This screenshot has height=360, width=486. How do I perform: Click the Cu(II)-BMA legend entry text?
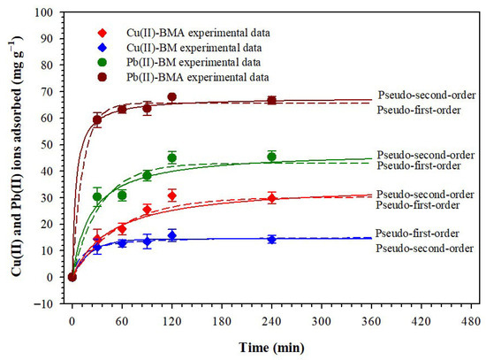198,33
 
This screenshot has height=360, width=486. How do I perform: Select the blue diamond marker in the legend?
102,48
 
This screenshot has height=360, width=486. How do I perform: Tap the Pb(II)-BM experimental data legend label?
194,63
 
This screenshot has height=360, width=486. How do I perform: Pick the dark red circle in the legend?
102,77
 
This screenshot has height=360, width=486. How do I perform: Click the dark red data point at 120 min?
172,96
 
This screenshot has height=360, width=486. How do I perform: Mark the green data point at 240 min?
272,157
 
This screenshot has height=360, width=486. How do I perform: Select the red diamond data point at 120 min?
172,195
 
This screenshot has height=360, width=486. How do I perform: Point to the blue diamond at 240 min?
272,240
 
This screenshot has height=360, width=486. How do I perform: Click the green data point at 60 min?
122,195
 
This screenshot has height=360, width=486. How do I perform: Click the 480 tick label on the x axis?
471,321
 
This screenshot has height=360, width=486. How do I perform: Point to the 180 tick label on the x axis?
222,321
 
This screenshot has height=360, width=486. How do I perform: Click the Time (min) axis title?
271,348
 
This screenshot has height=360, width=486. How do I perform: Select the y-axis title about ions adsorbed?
17,156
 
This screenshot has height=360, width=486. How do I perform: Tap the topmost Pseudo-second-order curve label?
427,95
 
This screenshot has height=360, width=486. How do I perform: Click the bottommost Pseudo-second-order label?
425,249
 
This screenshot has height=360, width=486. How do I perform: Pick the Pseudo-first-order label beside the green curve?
419,165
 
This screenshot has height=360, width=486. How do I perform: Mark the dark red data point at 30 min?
97,119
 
